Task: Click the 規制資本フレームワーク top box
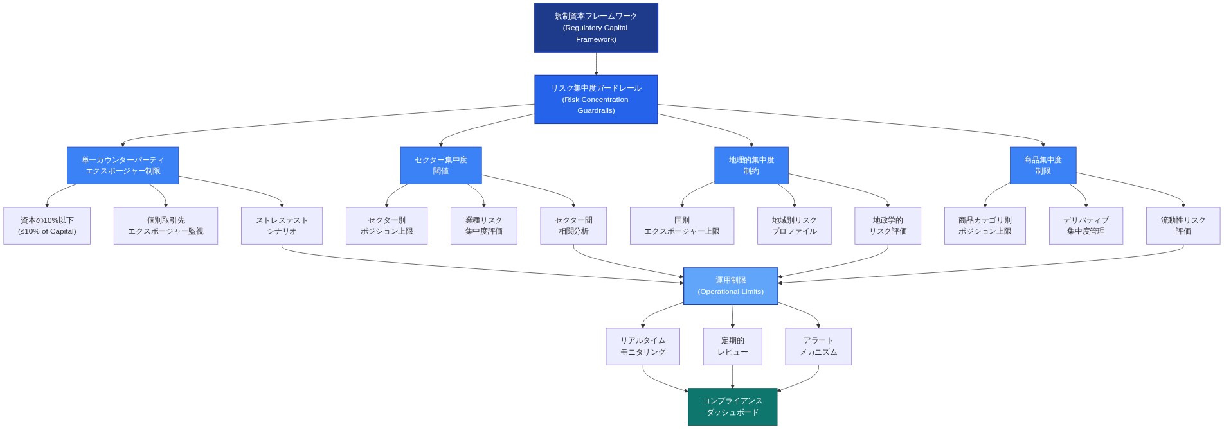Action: (596, 28)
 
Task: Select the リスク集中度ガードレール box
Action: (596, 100)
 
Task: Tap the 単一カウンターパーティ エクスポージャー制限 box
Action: (123, 166)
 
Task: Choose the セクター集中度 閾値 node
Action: (440, 166)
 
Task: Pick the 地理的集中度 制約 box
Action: (751, 166)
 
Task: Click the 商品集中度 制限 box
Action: (1043, 166)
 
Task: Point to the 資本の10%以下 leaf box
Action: (47, 226)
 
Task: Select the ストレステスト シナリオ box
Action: (282, 226)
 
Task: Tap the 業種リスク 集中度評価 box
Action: (483, 226)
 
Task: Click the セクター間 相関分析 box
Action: (573, 226)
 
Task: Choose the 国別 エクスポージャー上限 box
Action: (681, 226)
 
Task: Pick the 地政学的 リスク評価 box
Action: (887, 226)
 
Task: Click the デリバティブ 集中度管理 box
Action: (1086, 226)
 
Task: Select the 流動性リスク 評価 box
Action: (1183, 226)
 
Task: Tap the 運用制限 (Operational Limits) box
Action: (730, 286)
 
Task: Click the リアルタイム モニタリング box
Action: (643, 347)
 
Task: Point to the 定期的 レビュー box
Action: (732, 347)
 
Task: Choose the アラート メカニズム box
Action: (818, 347)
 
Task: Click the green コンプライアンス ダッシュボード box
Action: (732, 407)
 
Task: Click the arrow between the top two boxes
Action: (596, 64)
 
